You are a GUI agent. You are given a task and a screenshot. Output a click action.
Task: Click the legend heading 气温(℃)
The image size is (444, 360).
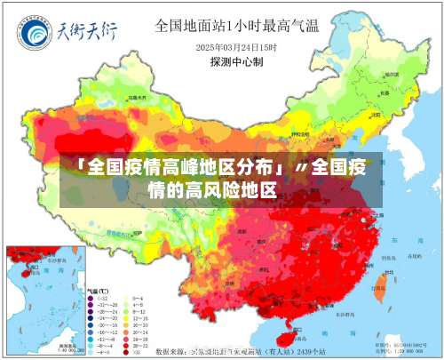(x=98, y=292)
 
